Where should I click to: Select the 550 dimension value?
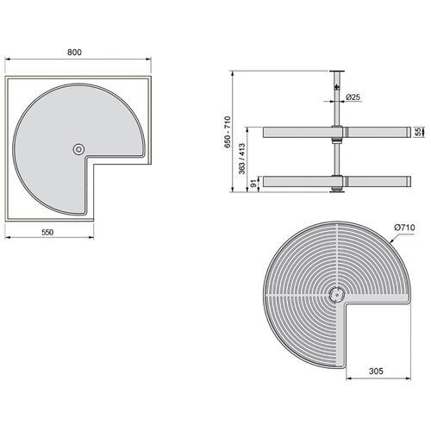point(53,234)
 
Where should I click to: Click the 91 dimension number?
point(251,182)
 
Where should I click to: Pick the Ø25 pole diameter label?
point(353,98)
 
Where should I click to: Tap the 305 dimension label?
point(376,371)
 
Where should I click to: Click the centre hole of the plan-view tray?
point(79,149)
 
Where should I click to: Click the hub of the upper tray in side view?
point(337,132)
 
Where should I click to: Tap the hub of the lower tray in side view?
point(337,182)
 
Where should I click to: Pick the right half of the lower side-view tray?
point(375,182)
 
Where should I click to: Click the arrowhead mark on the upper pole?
point(336,88)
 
